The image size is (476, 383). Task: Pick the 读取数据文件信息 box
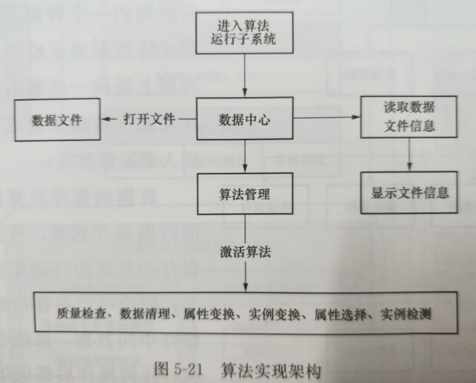pos(410,117)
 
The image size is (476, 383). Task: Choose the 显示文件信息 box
pos(410,192)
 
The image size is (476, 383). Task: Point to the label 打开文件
pos(150,120)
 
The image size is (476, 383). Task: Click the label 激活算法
pos(244,253)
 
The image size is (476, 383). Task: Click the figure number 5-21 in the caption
pos(188,367)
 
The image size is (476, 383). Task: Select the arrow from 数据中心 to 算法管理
pos(244,158)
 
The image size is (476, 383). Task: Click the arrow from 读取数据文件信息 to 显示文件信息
pos(410,156)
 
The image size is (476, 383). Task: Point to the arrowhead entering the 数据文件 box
pos(102,120)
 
